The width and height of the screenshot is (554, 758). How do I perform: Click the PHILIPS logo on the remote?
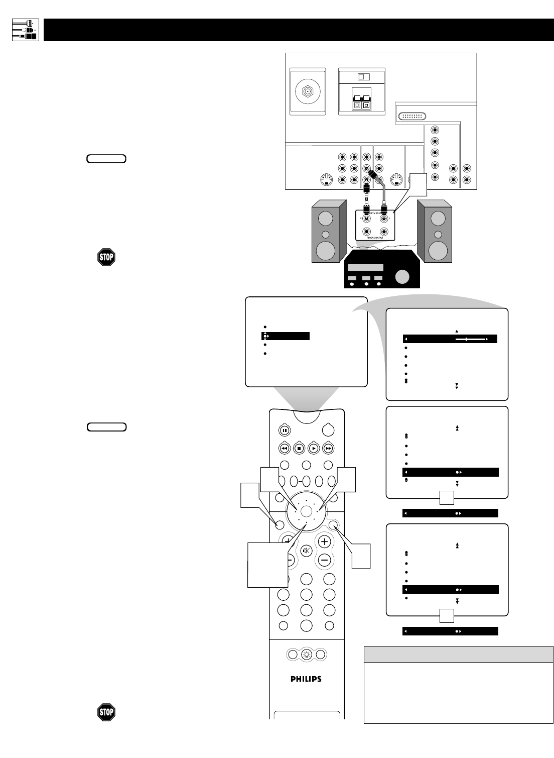(306, 679)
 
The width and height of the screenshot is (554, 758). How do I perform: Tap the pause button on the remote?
(284, 430)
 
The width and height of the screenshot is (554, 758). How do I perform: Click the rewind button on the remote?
(284, 448)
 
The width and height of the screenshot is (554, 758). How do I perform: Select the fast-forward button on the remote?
(329, 448)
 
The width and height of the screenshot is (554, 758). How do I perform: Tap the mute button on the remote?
(306, 551)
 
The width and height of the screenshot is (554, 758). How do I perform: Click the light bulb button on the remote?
(306, 655)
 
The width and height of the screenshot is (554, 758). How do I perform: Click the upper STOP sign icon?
(106, 257)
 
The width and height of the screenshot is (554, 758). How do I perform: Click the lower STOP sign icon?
(106, 712)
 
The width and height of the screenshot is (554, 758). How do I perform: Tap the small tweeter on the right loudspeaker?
(438, 235)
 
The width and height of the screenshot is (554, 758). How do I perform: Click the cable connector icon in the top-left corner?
(25, 30)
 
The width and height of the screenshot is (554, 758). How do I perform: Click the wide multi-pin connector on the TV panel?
(412, 116)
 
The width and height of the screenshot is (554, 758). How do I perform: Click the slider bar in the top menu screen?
(470, 340)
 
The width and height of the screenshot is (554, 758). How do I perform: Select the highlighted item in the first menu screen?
(286, 336)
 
